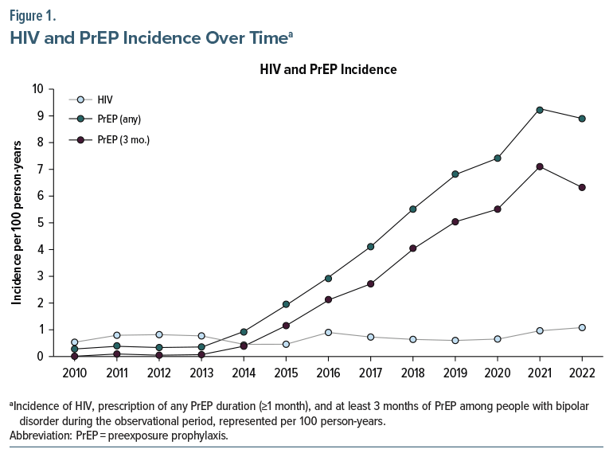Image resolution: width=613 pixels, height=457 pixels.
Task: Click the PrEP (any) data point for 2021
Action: tap(540, 109)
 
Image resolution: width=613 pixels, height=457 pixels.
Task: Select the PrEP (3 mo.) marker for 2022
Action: tap(582, 188)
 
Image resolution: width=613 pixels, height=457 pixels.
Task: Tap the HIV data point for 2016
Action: tap(329, 332)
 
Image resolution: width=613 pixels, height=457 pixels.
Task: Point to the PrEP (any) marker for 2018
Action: tap(413, 209)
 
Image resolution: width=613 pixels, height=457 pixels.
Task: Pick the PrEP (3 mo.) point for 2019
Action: tap(455, 222)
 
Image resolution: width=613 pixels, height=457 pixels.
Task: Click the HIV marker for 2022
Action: tap(582, 327)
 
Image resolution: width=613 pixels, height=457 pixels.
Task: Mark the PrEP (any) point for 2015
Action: tap(287, 304)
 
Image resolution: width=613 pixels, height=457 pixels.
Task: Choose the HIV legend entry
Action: tap(104, 100)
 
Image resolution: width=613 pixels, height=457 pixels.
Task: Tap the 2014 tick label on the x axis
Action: tap(244, 373)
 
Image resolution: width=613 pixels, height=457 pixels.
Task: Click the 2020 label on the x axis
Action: tap(498, 373)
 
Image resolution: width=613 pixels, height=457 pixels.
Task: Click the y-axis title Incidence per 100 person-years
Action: tap(16, 223)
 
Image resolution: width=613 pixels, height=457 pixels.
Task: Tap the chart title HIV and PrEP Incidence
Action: tap(328, 70)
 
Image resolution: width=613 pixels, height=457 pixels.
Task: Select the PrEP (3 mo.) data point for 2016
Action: tap(329, 299)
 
